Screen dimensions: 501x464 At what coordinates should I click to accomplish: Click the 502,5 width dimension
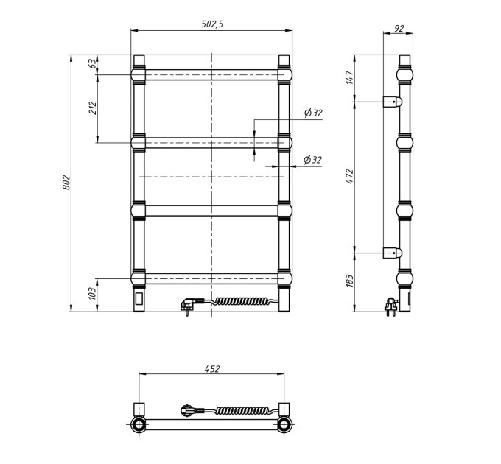(212, 24)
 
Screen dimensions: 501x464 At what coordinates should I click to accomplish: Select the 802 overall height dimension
(66, 182)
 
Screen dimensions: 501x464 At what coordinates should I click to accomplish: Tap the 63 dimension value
(92, 63)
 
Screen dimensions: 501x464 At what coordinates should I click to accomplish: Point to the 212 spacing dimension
(92, 108)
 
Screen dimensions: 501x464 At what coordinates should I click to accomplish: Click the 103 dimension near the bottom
(92, 293)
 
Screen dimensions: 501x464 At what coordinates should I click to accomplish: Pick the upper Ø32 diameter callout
(313, 113)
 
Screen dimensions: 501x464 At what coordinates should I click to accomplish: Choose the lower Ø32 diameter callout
(312, 160)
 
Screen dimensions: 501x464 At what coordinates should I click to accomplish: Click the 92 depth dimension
(399, 28)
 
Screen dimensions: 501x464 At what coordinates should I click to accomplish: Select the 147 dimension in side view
(350, 77)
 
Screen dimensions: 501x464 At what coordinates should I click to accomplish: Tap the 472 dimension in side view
(350, 176)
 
